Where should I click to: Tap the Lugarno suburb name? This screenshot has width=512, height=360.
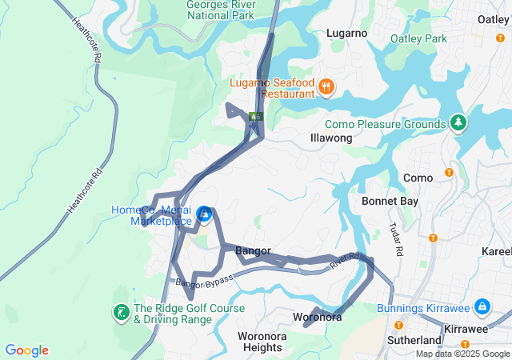346,33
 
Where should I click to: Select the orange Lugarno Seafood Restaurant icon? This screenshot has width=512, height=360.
326,86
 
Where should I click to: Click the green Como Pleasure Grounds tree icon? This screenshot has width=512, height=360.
458,123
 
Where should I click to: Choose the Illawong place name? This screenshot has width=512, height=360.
331,138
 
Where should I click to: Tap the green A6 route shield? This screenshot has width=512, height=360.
255,117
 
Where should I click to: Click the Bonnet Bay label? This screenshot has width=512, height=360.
390,202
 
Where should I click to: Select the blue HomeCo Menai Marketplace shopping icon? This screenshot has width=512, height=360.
204,214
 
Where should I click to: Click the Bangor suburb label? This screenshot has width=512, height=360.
253,250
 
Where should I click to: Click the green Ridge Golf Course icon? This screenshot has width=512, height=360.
121,312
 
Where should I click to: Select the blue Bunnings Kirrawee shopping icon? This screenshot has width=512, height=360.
482,306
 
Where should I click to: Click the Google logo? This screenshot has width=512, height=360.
26,350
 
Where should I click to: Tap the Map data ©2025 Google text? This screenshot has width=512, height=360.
462,354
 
